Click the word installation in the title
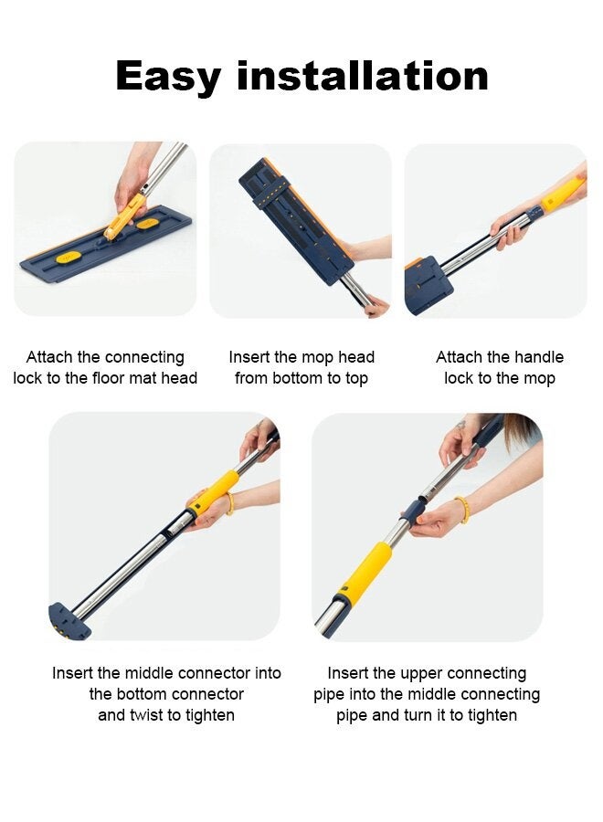point(363,76)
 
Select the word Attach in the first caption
point(49,357)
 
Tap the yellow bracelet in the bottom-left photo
point(228,504)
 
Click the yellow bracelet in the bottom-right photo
point(463,510)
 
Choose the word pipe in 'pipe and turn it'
point(353,715)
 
